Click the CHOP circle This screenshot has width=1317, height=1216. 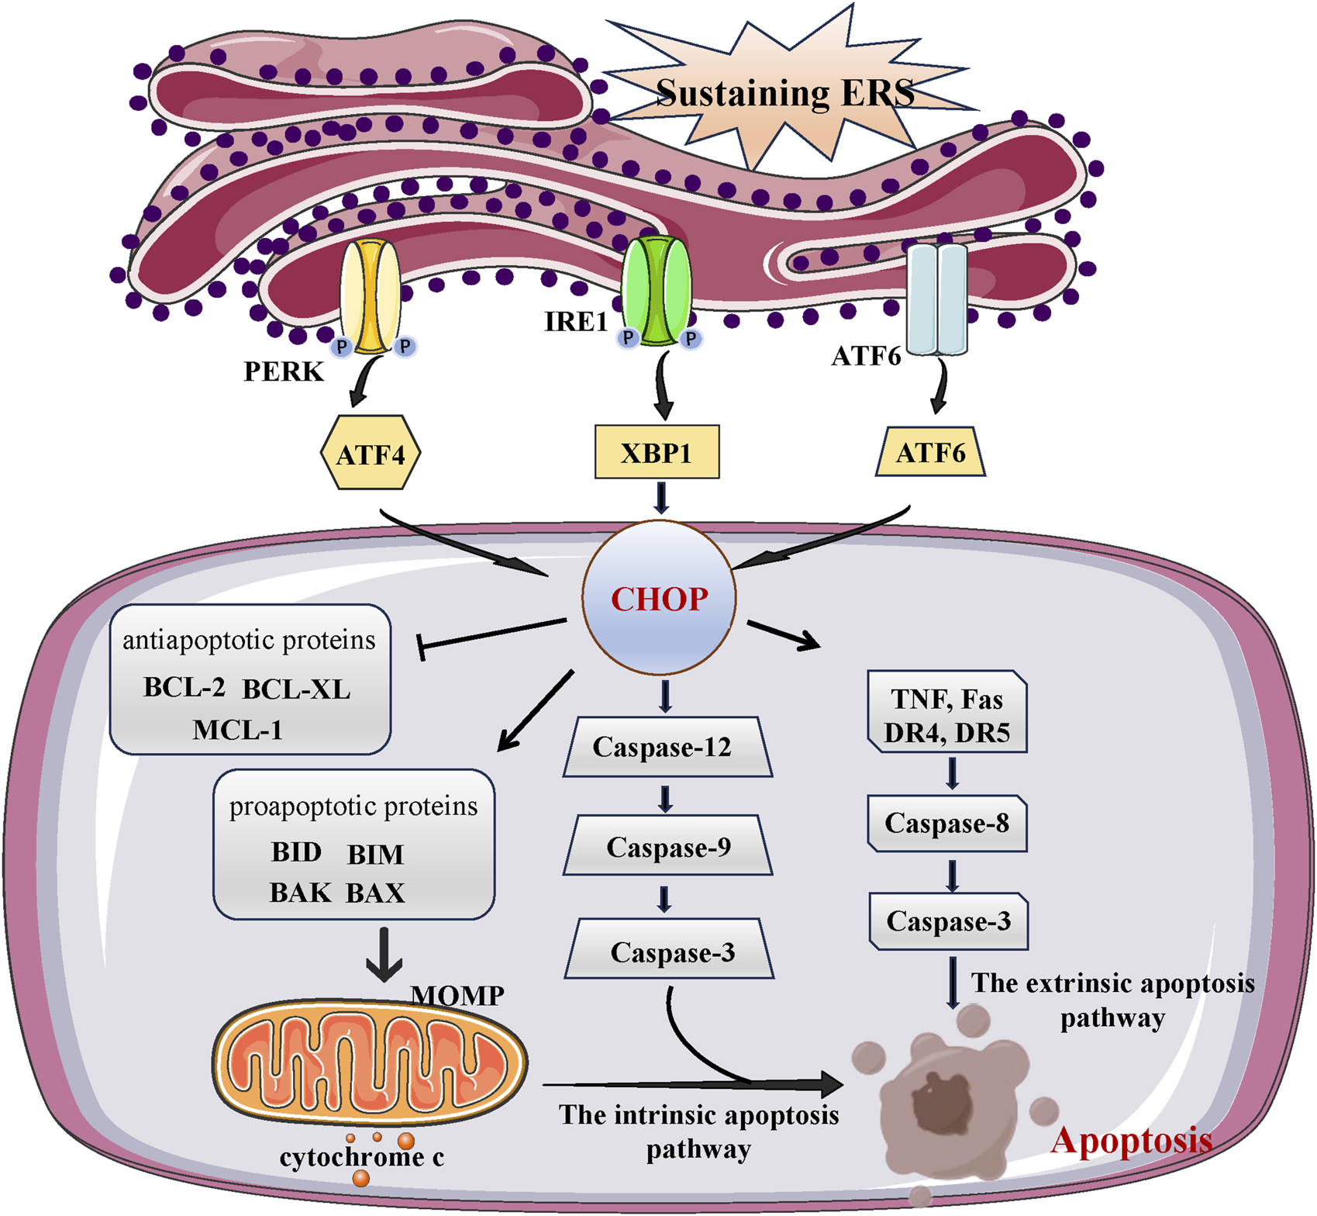[659, 598]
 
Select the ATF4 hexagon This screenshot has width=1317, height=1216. [371, 453]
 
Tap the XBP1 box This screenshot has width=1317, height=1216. [657, 451]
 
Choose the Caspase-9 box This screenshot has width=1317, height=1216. [667, 846]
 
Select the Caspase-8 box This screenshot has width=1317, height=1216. [947, 823]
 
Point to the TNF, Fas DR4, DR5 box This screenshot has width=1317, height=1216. [947, 712]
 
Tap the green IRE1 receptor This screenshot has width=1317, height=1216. [657, 292]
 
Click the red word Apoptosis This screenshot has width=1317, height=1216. [1131, 1140]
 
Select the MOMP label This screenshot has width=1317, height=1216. [457, 995]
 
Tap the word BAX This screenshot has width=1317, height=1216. [375, 893]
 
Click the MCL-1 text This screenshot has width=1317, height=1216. [237, 730]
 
